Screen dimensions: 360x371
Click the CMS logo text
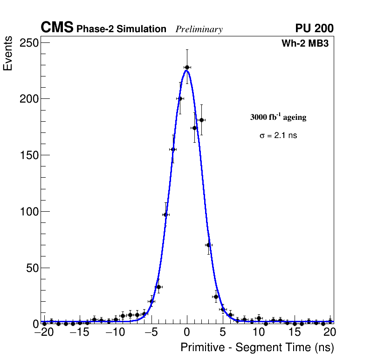57,28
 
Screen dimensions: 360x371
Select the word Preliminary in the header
199,29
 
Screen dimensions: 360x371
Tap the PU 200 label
314,28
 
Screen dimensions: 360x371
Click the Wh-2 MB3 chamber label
308,44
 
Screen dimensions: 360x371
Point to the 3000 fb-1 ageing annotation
278,117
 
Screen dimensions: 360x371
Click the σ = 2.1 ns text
278,136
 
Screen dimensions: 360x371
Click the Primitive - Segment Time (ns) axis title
257,347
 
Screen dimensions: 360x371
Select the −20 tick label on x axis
44,332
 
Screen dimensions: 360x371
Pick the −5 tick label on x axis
151,332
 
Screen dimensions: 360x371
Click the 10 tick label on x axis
259,332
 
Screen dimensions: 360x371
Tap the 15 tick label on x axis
294,332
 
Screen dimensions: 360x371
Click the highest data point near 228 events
187,67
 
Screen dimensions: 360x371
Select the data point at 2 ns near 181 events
201,120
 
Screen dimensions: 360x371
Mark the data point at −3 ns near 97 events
165,215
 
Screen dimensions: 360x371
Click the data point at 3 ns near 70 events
208,245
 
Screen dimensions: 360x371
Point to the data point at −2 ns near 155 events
172,149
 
